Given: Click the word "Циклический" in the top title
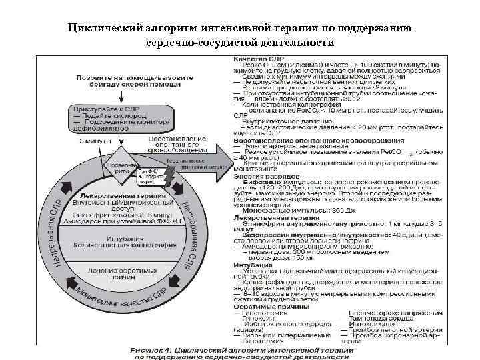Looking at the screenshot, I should pyautogui.click(x=107, y=29).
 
